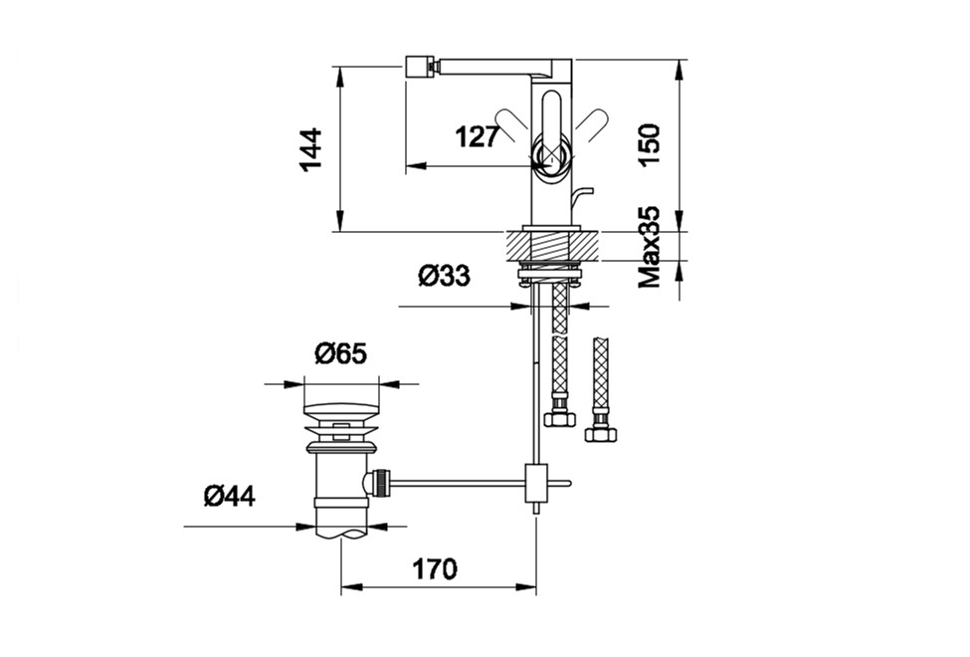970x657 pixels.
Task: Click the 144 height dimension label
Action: pos(310,149)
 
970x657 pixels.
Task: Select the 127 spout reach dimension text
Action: pos(477,136)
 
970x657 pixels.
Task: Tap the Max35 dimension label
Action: pos(650,248)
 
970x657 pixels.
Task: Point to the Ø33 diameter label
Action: pos(444,276)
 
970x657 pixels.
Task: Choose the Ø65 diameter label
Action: pos(341,353)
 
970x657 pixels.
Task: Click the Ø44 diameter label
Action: pos(230,496)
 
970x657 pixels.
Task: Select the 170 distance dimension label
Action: pos(435,569)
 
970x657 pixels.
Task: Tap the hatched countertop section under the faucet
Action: pos(553,245)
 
